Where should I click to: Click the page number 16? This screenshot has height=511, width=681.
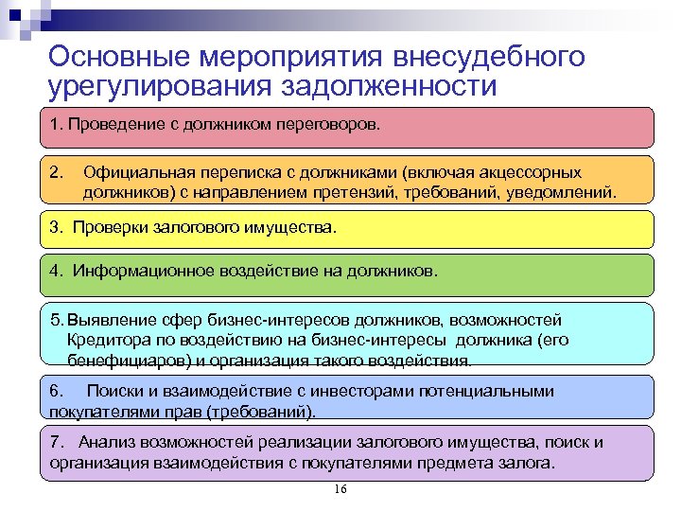[341, 489]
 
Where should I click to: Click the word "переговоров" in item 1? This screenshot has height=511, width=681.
[335, 124]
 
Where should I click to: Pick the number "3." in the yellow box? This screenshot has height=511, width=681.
[58, 228]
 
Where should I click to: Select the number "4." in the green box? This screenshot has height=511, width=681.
[58, 271]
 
